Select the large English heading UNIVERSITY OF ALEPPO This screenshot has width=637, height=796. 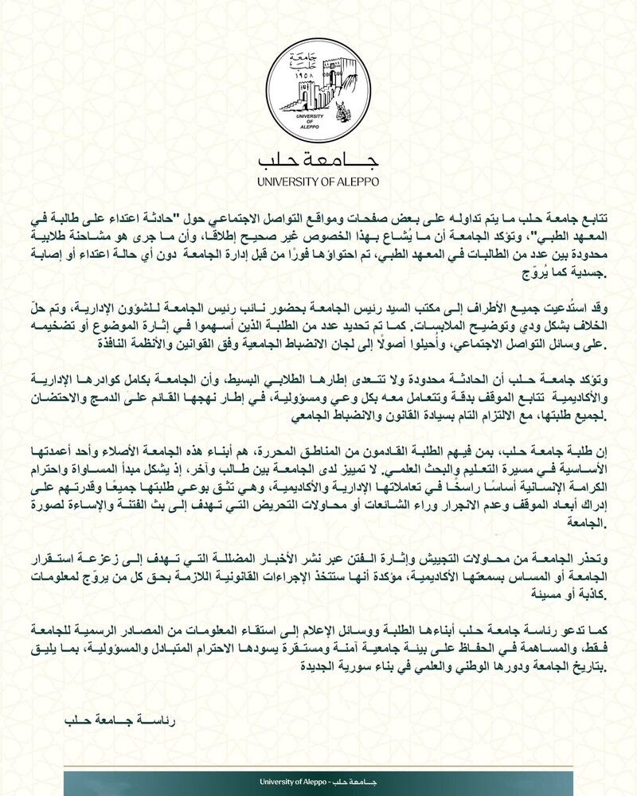[x=318, y=181]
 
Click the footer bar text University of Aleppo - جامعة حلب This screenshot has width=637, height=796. [x=318, y=782]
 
